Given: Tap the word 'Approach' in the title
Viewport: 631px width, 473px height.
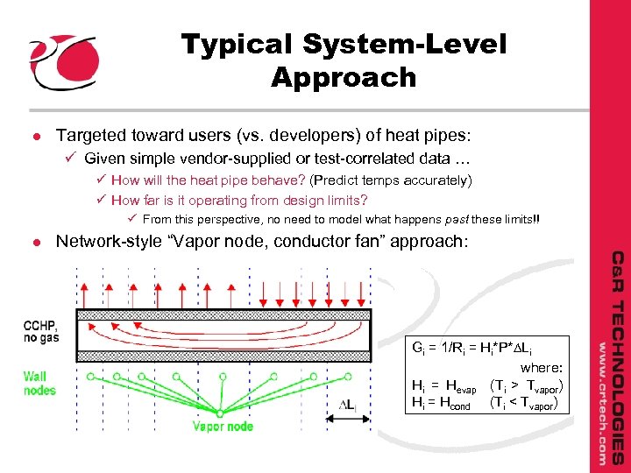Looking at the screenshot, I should tap(344, 77).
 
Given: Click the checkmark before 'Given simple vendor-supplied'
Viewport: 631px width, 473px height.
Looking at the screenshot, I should tap(73, 159).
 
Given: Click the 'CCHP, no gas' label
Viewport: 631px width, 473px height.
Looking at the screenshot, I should tap(40, 328).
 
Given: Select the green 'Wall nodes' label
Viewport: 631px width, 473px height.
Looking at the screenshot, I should tap(40, 383).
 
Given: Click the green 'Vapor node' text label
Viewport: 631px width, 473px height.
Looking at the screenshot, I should tap(223, 427).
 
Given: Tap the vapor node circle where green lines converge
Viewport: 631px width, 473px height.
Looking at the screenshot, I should tap(223, 411).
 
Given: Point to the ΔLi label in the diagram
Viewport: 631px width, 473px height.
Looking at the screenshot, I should tap(349, 404).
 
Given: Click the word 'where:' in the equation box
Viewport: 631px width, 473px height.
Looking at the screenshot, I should tap(541, 369).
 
